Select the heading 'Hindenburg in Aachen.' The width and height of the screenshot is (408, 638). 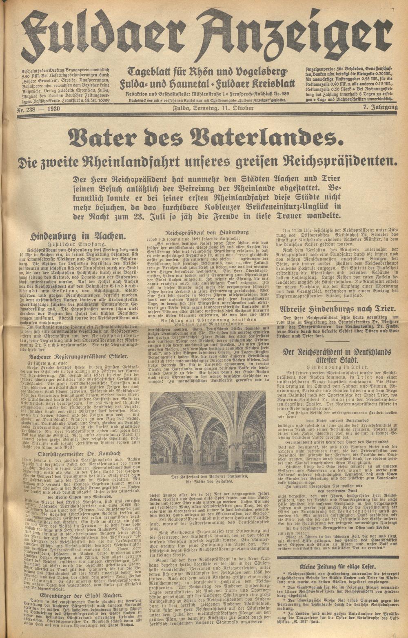coord(78,235)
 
